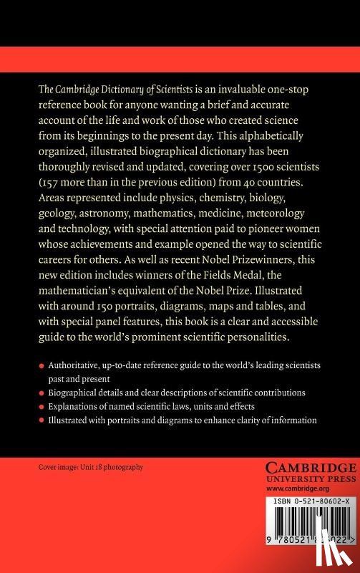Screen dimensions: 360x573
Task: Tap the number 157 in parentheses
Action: pos(52,181)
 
